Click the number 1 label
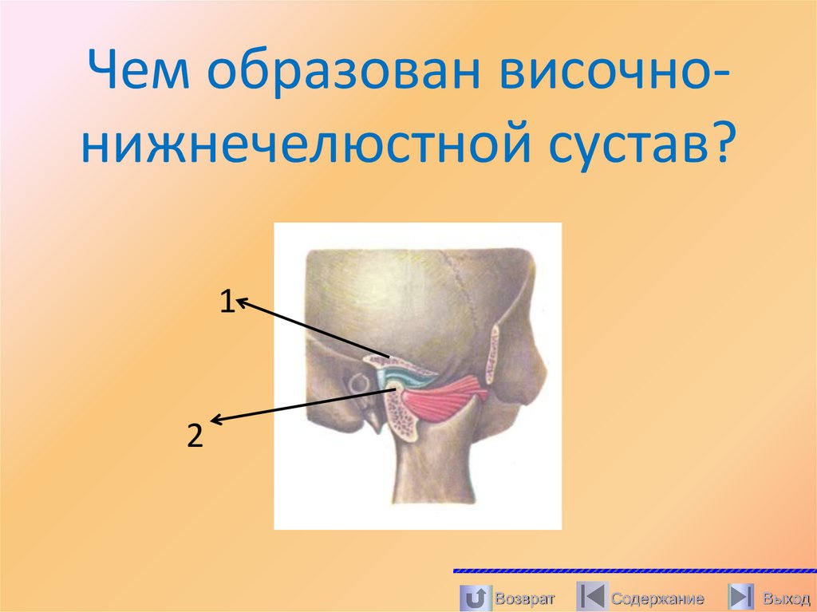click(x=227, y=302)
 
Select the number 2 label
click(x=194, y=436)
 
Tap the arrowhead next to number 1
click(x=241, y=302)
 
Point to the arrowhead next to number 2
click(x=215, y=419)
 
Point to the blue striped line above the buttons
click(x=634, y=571)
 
